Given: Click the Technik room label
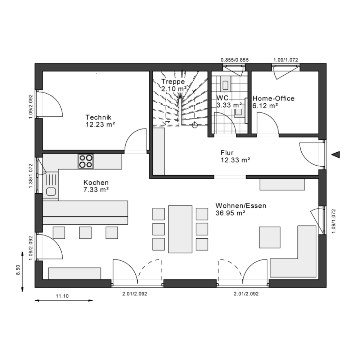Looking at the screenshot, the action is [99, 117].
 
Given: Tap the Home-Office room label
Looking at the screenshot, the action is [274, 99].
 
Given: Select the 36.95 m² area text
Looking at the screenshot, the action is [230, 213].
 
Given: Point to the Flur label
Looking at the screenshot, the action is [227, 153].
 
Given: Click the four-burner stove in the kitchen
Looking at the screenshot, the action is [86, 161].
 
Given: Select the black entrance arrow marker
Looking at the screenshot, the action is [336, 155].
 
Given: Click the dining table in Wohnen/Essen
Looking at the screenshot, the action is [180, 229].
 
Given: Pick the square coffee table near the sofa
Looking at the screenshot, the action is [270, 237].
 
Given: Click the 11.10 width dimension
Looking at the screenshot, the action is [62, 296].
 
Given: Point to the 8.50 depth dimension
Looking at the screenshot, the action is [18, 270].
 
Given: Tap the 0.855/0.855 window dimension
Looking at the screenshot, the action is [235, 60].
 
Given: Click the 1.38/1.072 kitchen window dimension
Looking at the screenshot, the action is [31, 176].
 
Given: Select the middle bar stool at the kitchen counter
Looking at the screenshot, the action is [85, 233].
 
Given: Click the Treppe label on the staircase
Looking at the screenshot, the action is [173, 81].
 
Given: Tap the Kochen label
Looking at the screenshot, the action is [96, 183].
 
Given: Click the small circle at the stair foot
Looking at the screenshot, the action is [195, 125].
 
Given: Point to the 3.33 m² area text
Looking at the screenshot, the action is [229, 105].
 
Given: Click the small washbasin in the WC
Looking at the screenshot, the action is [238, 112].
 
